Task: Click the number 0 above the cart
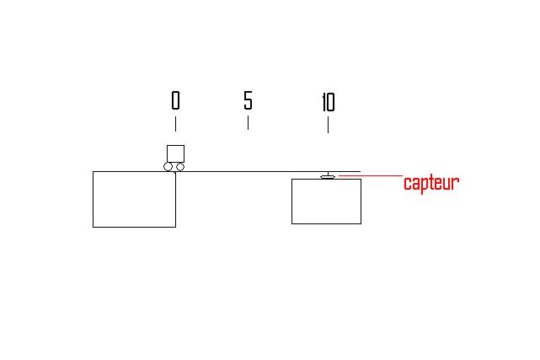coord(175,101)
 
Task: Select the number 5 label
coord(248,101)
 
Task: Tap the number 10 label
coord(328,103)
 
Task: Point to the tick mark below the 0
coord(175,123)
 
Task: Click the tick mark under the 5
coord(248,122)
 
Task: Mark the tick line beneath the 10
coord(328,124)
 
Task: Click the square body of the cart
coord(175,153)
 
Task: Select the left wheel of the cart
coord(169,167)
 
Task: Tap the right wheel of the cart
coord(179,167)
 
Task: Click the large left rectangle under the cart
coord(134,199)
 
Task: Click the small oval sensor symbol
coord(328,175)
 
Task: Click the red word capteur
coord(430,183)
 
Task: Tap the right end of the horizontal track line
coord(360,171)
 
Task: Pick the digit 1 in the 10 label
coord(323,103)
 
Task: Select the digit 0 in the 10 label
coord(331,103)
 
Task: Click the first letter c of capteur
coord(407,184)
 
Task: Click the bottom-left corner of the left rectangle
coord(93,227)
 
